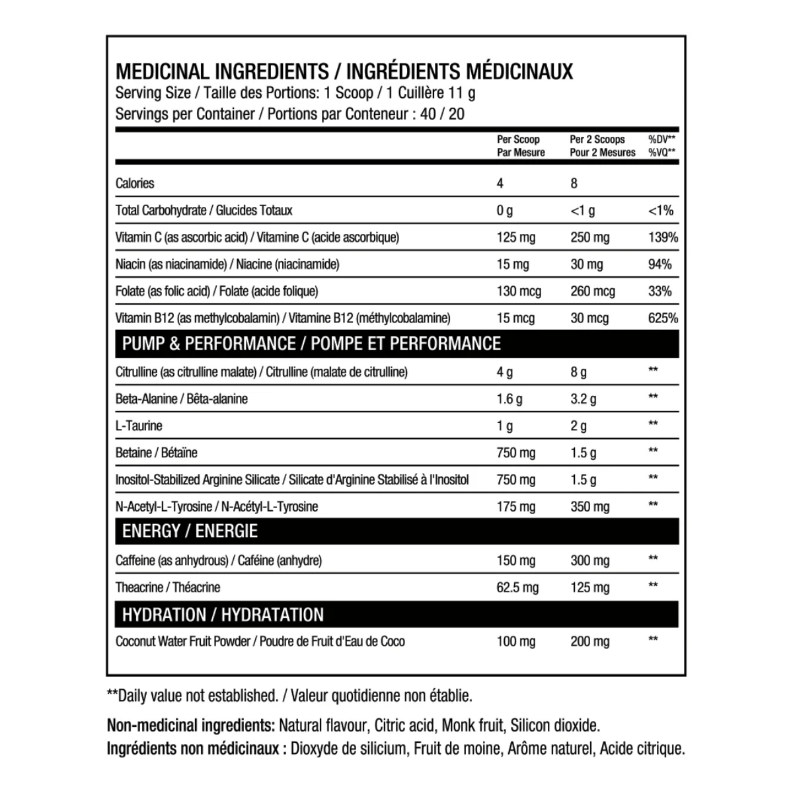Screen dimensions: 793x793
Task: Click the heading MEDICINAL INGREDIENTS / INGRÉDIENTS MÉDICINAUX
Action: (x=344, y=71)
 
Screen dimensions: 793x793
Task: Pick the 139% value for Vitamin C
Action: (x=663, y=237)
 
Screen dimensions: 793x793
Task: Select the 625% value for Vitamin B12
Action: (x=663, y=318)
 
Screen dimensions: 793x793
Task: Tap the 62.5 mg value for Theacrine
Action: (x=517, y=587)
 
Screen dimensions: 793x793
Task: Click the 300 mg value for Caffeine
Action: (x=589, y=560)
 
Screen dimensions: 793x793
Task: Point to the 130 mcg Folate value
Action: (x=519, y=291)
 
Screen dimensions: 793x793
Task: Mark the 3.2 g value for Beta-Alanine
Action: (x=583, y=398)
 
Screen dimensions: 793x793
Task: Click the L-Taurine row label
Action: (x=139, y=426)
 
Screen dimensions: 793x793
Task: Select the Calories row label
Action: (x=135, y=183)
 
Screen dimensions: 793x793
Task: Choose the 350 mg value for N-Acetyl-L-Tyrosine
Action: (x=589, y=507)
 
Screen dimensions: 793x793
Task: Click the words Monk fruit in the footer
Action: (x=472, y=726)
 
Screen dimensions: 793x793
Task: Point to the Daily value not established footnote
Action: (x=289, y=695)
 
